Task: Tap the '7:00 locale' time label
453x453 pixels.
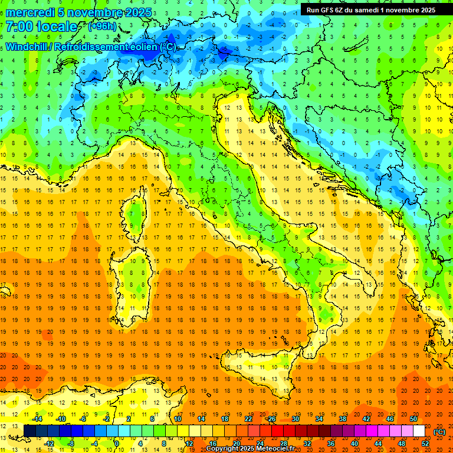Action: [41, 27]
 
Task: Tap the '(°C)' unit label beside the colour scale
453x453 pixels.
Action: [439, 432]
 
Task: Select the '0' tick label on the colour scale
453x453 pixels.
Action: [116, 444]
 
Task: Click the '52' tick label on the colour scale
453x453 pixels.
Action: [425, 444]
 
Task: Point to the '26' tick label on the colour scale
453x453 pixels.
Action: [271, 419]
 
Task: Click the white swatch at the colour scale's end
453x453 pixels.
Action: [419, 431]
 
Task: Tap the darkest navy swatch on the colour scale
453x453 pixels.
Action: [29, 431]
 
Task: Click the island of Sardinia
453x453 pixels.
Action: [131, 277]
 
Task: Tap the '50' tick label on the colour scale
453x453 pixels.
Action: [413, 419]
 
